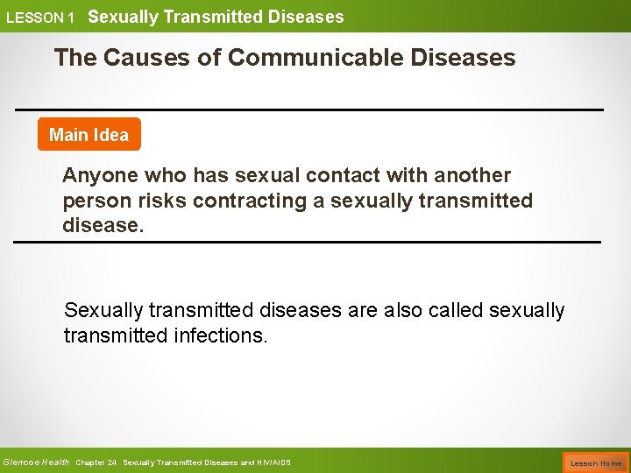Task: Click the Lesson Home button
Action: (x=596, y=462)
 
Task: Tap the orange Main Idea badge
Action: (x=89, y=135)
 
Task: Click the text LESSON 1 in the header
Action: (x=40, y=18)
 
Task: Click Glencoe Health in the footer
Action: (x=37, y=462)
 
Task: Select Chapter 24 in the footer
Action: (x=96, y=462)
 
